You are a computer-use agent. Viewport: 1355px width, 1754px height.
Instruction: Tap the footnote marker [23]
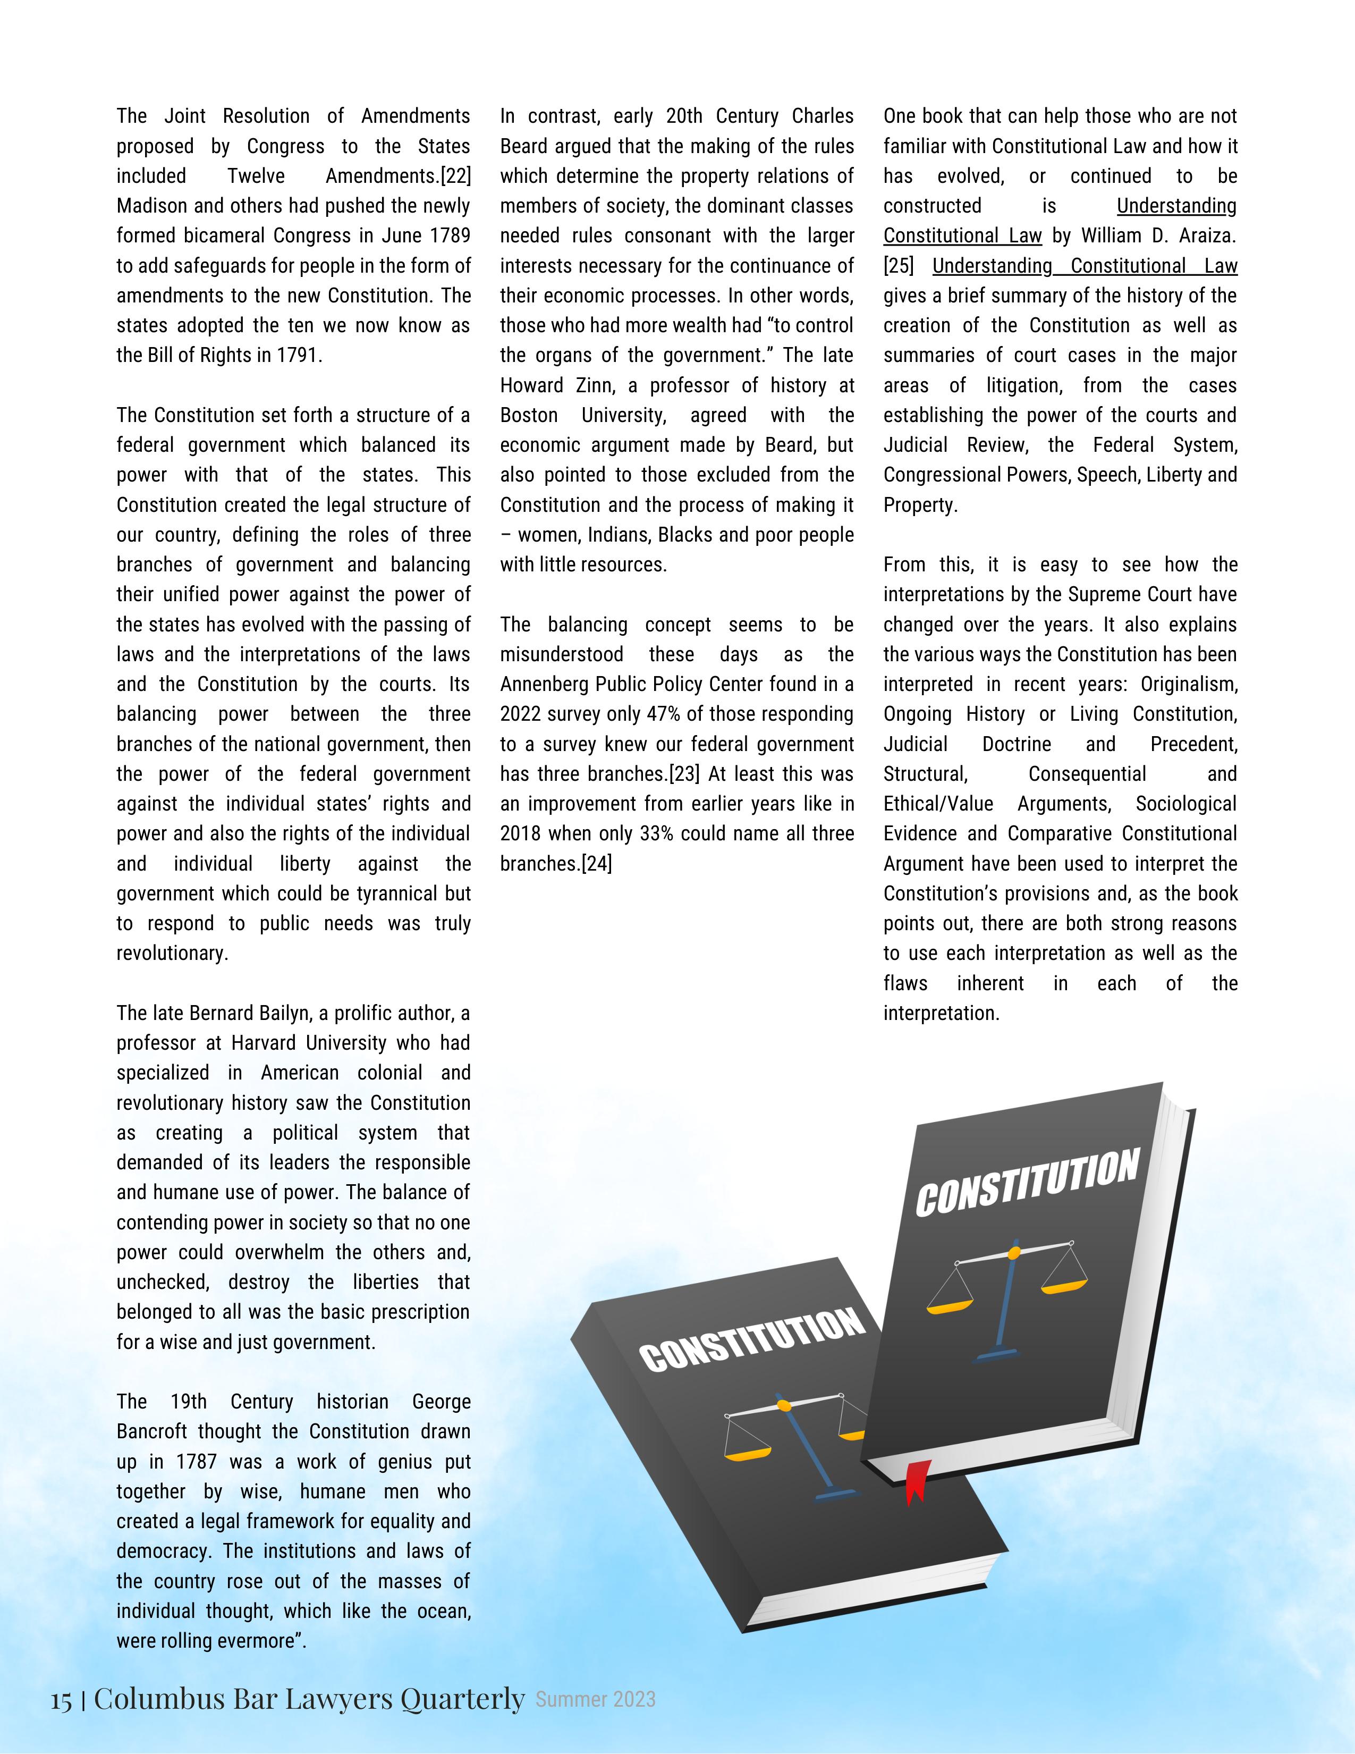click(684, 774)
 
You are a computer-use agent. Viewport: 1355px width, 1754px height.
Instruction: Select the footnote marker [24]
click(596, 864)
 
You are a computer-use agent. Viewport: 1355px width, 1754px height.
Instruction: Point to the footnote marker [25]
click(899, 266)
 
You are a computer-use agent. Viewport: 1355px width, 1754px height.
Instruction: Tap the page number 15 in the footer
click(61, 1699)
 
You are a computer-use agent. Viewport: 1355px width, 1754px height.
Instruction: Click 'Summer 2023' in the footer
click(596, 1699)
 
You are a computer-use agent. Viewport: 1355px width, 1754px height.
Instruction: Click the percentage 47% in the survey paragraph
click(662, 714)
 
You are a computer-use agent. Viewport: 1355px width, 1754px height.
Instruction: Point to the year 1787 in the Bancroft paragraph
click(197, 1462)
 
